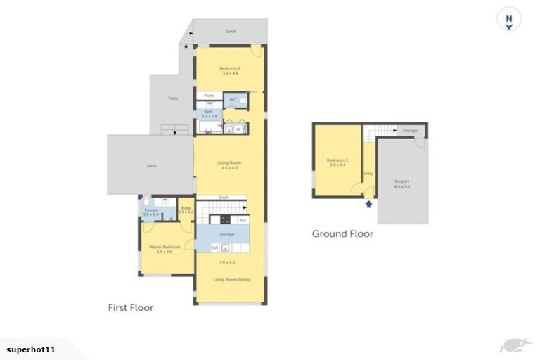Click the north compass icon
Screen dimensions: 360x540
508,20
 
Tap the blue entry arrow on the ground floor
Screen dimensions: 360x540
368,205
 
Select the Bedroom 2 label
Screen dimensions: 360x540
230,67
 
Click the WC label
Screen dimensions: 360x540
233,100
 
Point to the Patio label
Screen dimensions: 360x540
172,98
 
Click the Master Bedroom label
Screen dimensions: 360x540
165,247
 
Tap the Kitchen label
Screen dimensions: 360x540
226,233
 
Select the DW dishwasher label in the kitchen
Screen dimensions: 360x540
215,247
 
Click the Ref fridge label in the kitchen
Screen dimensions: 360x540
242,221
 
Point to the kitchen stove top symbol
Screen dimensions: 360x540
227,220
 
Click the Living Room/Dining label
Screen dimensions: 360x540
231,280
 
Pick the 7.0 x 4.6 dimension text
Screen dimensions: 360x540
226,262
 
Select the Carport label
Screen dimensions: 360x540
401,181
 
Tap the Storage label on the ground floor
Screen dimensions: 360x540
410,131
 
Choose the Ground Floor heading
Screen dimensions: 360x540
342,233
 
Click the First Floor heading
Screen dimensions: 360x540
130,307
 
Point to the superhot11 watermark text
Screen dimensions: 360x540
31,349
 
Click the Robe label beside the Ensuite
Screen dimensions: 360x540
186,207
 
